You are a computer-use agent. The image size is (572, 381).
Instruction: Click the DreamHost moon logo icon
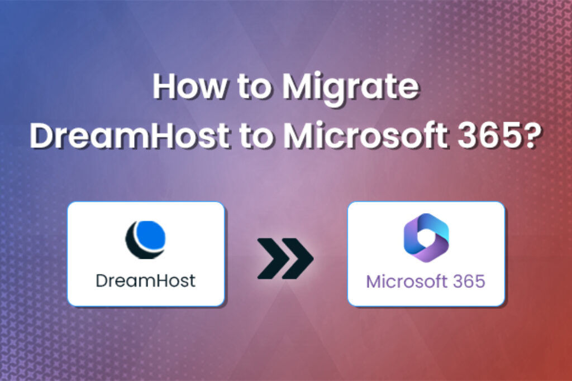[145, 239]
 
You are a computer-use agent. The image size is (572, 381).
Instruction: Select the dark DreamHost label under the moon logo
[145, 280]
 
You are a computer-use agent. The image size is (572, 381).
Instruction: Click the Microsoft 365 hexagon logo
[426, 238]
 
